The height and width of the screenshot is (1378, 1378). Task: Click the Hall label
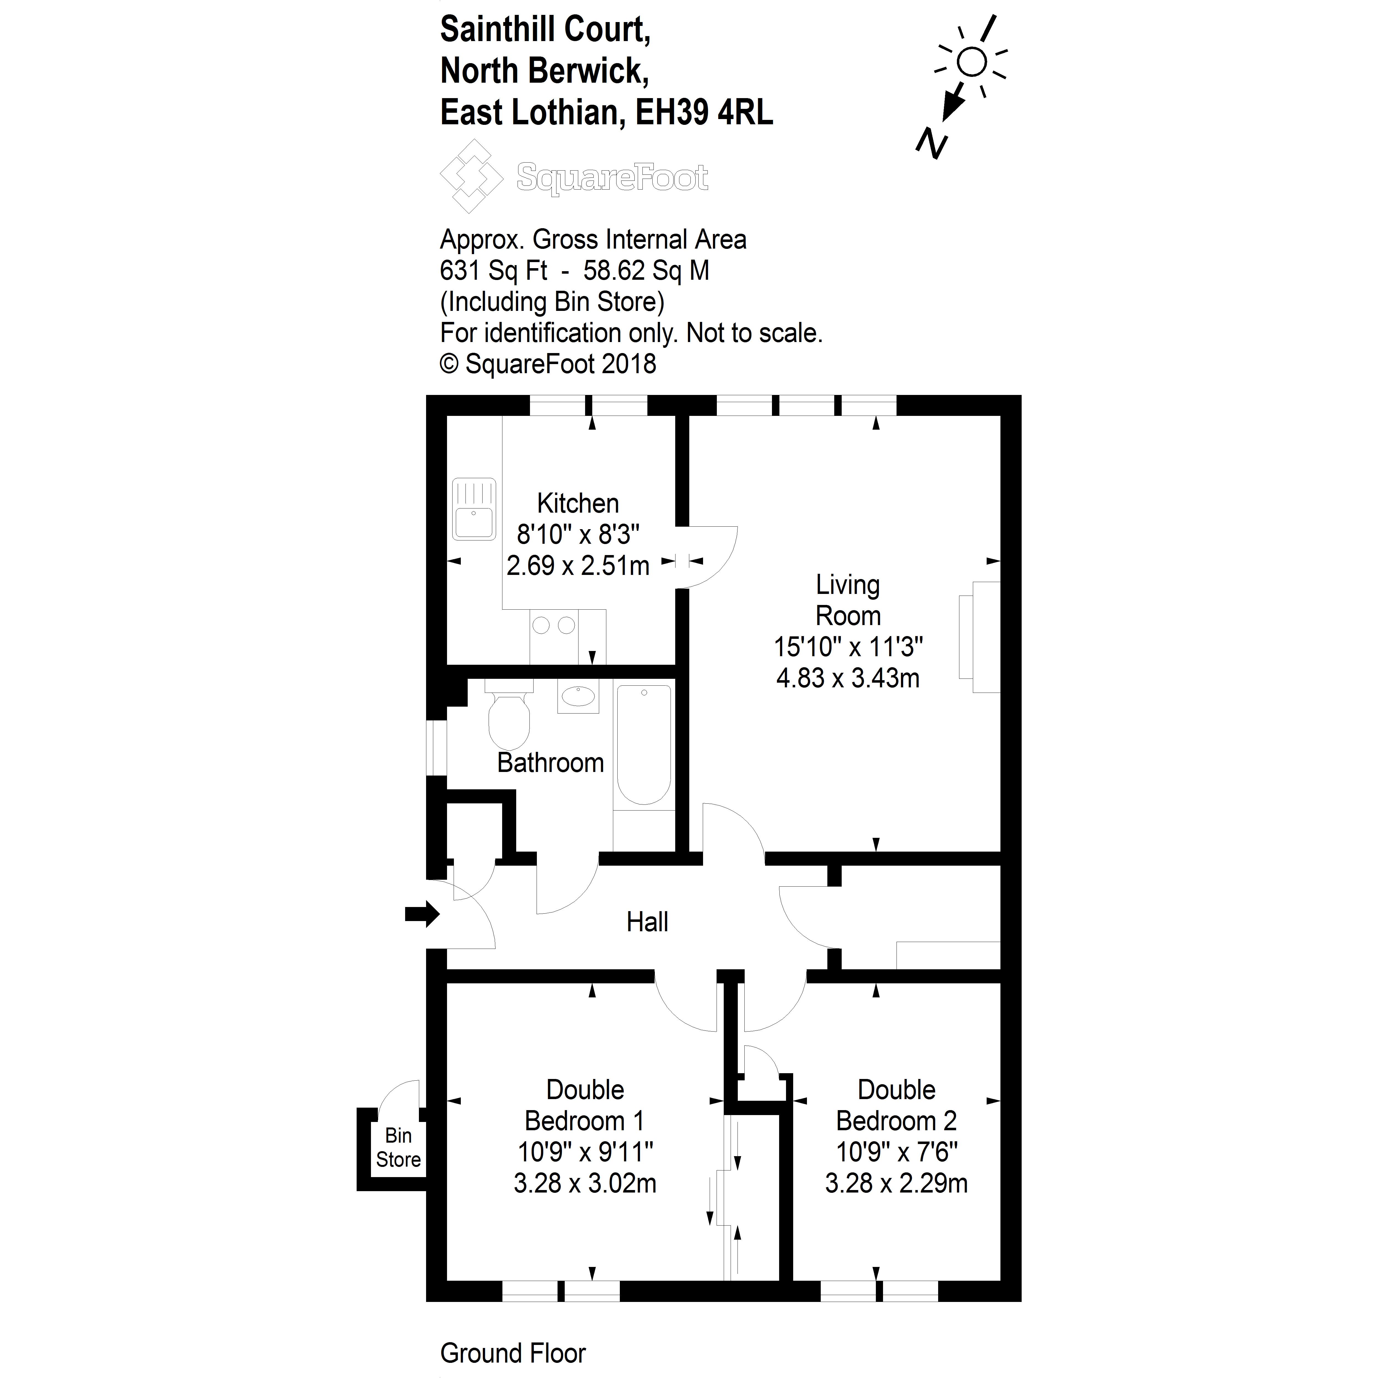tap(647, 922)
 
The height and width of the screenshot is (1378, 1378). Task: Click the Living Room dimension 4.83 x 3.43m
tap(847, 678)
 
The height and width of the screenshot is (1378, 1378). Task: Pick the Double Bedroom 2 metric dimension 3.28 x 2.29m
tap(896, 1183)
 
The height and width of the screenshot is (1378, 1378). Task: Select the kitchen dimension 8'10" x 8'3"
tap(578, 534)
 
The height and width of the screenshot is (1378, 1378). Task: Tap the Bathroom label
tap(550, 763)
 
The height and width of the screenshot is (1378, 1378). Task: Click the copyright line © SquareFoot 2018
tap(548, 364)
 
